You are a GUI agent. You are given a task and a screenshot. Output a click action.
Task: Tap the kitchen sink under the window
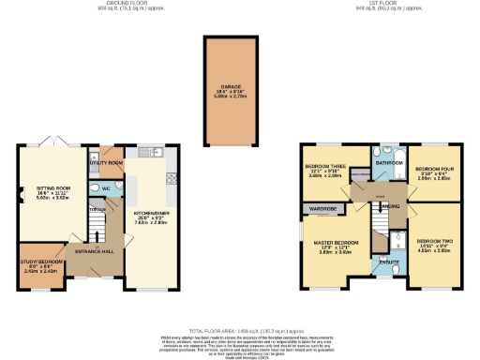click(x=155, y=151)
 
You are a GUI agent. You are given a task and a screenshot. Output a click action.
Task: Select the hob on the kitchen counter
click(x=172, y=177)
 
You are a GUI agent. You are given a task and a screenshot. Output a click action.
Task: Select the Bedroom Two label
click(x=439, y=245)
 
